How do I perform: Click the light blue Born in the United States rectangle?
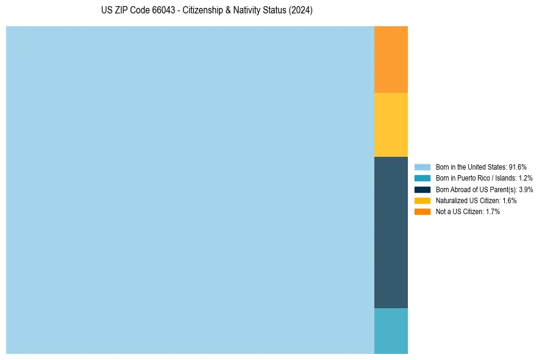coord(190,190)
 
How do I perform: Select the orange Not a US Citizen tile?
coord(391,59)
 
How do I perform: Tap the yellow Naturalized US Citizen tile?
coord(391,124)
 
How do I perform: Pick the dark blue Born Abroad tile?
coord(391,232)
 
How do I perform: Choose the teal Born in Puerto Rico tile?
coord(391,331)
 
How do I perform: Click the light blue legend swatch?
coord(423,167)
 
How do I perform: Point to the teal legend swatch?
coord(423,178)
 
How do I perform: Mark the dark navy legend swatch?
coord(423,189)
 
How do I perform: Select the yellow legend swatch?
coord(423,200)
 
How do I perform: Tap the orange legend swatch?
coord(423,212)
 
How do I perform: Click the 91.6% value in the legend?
coord(518,167)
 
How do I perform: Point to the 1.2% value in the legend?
coord(526,178)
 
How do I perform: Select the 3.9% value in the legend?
coord(526,189)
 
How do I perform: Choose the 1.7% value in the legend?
coord(493,212)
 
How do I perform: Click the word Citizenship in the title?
coord(203,11)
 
